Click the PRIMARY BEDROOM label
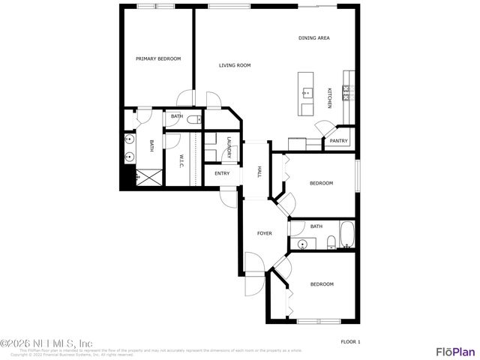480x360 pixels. [158, 58]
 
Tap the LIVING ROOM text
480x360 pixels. [234, 65]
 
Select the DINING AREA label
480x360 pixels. [314, 37]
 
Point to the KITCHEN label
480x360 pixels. [329, 97]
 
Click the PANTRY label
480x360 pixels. [338, 140]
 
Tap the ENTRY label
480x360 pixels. [222, 173]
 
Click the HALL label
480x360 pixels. [259, 171]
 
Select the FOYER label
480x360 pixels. [264, 233]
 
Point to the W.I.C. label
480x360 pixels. [181, 160]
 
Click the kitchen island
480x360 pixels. [306, 94]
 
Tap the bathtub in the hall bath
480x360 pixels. [346, 236]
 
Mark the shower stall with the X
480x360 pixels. [148, 177]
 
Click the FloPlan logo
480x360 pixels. [456, 350]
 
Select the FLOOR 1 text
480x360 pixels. [350, 342]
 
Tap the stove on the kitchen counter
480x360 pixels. [347, 91]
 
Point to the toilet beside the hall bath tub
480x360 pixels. [330, 241]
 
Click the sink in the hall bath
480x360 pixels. [303, 244]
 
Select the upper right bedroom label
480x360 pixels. [321, 183]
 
